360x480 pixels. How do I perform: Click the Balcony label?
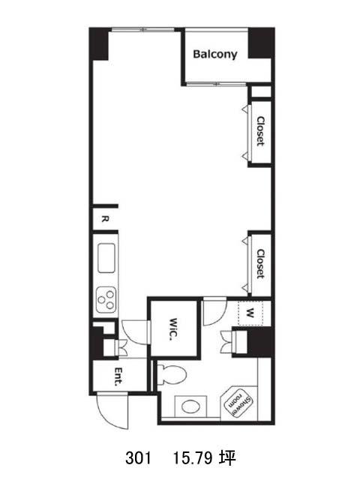(215, 55)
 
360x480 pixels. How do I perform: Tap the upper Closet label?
(260, 131)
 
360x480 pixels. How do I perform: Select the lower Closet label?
(260, 264)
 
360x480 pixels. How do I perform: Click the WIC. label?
(173, 329)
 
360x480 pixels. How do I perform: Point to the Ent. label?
(118, 376)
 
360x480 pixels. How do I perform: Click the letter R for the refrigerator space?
(105, 219)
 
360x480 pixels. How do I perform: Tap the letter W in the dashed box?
(250, 313)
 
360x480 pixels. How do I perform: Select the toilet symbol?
(172, 374)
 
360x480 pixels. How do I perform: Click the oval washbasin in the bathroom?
(191, 406)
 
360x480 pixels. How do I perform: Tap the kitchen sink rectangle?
(106, 258)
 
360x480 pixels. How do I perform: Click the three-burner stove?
(106, 300)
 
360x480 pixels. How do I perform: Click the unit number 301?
(138, 458)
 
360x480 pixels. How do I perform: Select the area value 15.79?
(193, 458)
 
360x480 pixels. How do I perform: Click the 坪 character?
(227, 458)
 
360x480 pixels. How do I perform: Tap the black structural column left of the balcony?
(98, 44)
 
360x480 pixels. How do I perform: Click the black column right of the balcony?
(261, 43)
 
